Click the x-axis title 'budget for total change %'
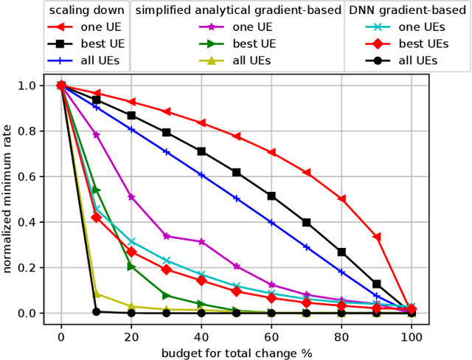[236, 352]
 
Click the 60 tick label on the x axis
[271, 336]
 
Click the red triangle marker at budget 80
[341, 199]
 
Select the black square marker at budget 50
[236, 172]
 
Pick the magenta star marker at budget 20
[131, 197]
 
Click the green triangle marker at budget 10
[96, 190]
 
